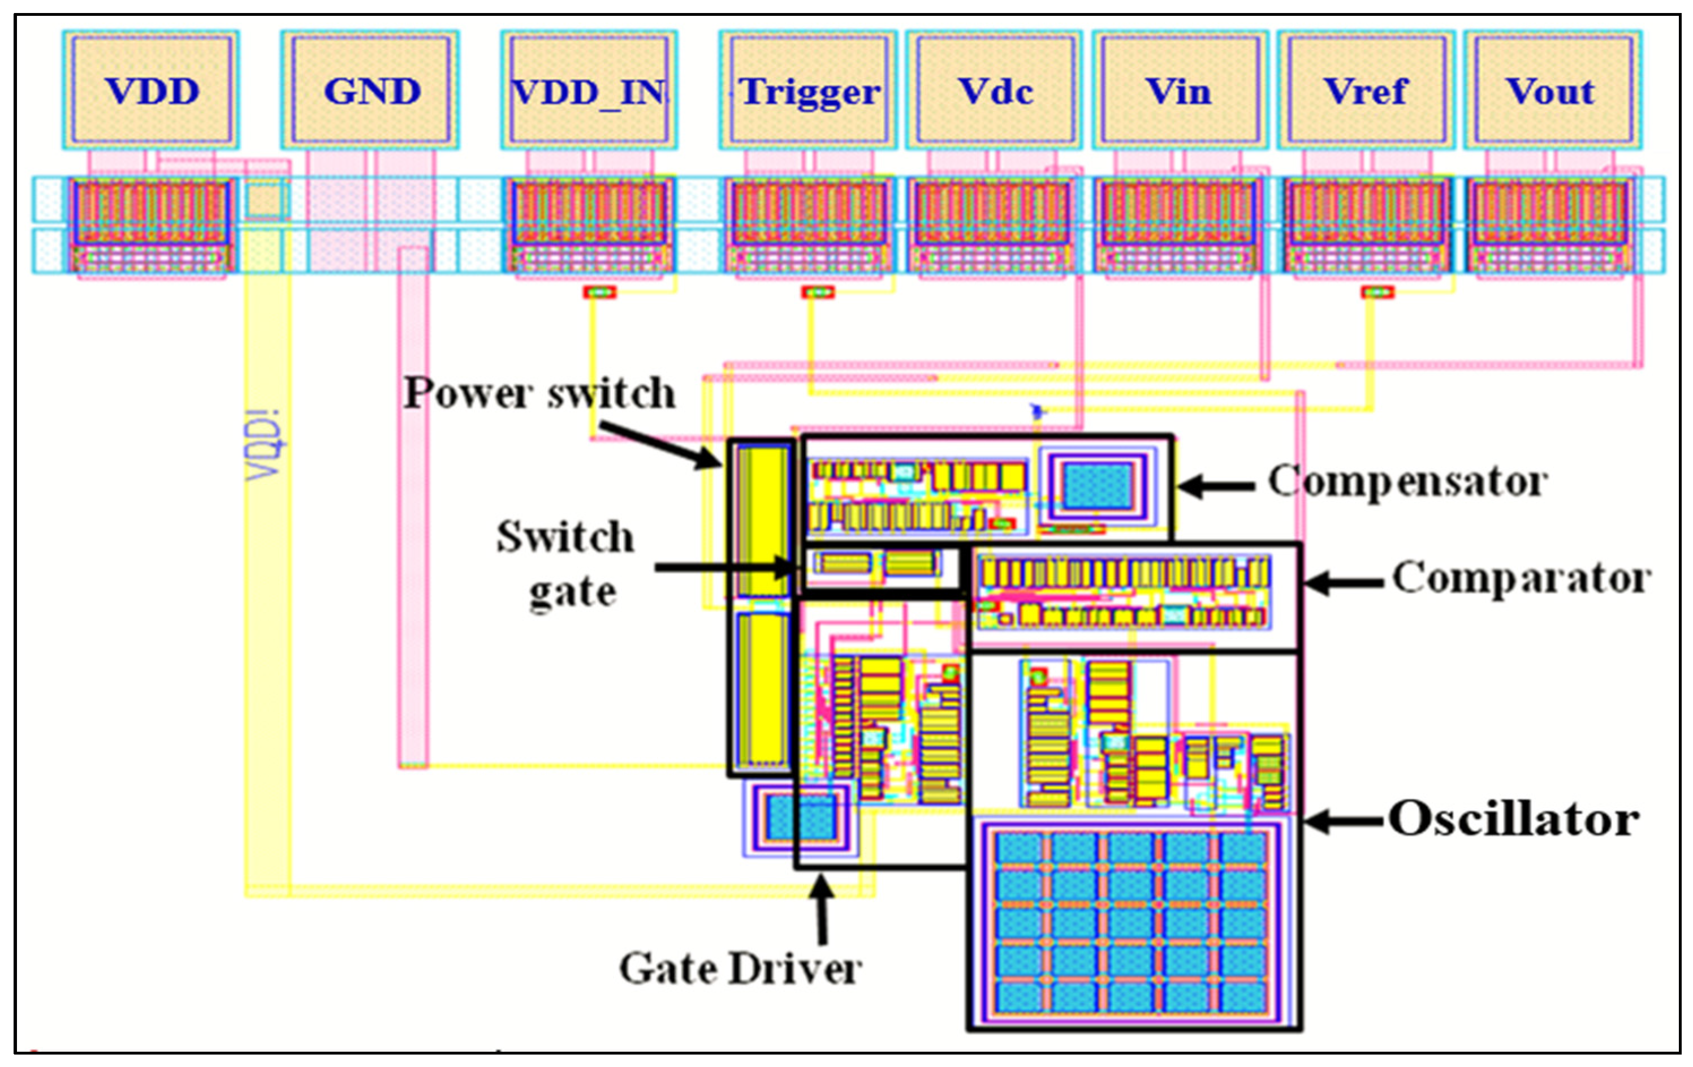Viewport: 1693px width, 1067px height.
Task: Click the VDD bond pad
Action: tap(151, 90)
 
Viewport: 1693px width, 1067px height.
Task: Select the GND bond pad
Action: tap(370, 90)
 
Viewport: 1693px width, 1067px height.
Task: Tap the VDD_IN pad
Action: tap(589, 90)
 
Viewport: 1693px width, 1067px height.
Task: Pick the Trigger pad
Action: tap(808, 90)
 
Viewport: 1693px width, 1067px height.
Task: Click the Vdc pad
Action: tap(994, 90)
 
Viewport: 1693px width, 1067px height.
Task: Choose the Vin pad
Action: tap(1180, 90)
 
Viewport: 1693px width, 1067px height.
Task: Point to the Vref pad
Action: tap(1366, 90)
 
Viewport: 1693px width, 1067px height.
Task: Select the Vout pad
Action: tap(1552, 90)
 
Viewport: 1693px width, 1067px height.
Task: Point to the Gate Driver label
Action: tap(740, 969)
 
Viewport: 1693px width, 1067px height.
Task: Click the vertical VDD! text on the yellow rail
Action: tap(266, 445)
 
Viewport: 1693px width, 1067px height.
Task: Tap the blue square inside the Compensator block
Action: tap(1098, 486)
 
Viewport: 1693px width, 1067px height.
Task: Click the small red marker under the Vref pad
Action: tap(1376, 292)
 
